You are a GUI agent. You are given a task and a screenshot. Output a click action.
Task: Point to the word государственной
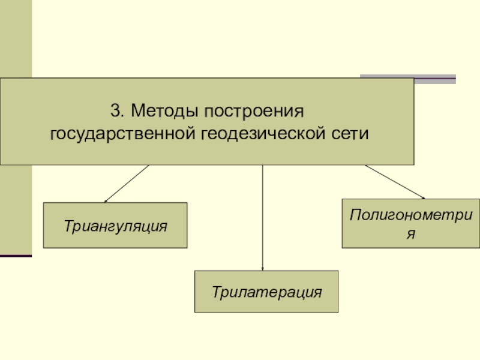tap(120, 133)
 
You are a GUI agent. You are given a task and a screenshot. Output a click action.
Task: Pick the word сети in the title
tap(349, 133)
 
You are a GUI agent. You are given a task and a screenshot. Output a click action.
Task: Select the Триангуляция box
tap(115, 225)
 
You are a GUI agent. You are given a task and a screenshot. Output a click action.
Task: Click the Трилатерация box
tap(266, 292)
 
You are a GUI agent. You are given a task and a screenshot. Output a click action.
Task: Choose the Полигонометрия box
tap(410, 223)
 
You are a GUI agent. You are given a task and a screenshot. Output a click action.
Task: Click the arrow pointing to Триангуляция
tap(127, 184)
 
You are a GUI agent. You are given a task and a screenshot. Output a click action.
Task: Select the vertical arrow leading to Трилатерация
tap(263, 216)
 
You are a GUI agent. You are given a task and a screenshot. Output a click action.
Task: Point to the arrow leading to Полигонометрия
tap(394, 181)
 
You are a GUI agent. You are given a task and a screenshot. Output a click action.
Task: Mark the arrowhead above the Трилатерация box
tap(263, 268)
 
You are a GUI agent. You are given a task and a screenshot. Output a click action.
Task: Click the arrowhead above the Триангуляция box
tap(106, 201)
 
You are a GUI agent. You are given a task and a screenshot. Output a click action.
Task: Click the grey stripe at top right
tap(407, 77)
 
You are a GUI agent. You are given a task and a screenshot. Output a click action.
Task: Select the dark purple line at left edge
tap(16, 256)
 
